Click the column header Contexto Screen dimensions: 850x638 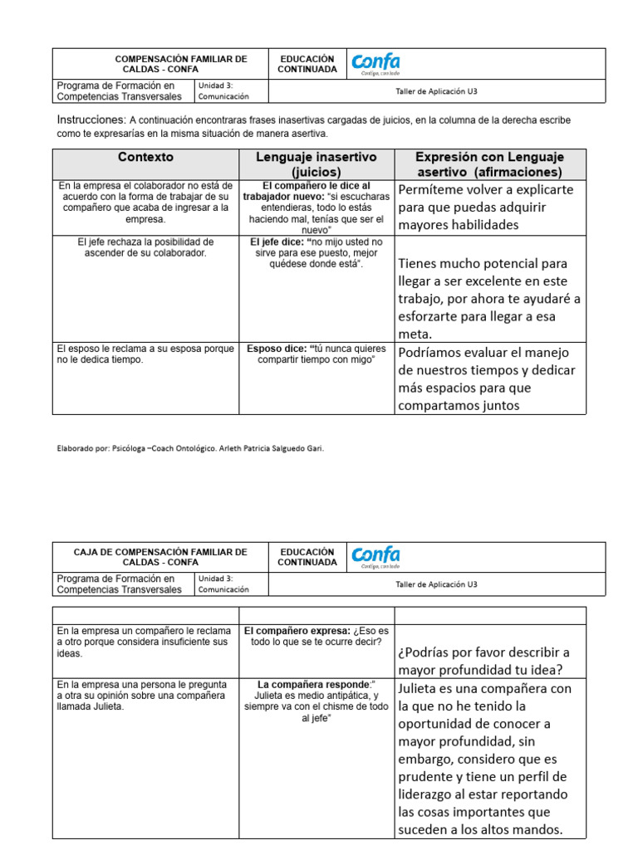coord(145,157)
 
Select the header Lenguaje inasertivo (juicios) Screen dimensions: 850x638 coord(316,164)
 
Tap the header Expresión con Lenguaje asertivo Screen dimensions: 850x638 coord(489,164)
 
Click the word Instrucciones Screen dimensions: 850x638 coord(91,120)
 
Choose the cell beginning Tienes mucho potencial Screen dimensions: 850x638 coord(489,299)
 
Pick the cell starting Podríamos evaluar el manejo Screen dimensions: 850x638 coord(487,379)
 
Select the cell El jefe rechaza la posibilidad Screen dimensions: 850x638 coord(145,247)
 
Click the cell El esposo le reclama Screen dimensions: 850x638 coord(145,354)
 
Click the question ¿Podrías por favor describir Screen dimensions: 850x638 coord(483,661)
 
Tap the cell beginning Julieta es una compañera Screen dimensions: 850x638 coord(484,759)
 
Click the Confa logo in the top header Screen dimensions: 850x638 coord(375,63)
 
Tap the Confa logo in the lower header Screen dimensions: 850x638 coord(375,556)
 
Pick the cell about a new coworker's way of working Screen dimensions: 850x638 coord(145,202)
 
